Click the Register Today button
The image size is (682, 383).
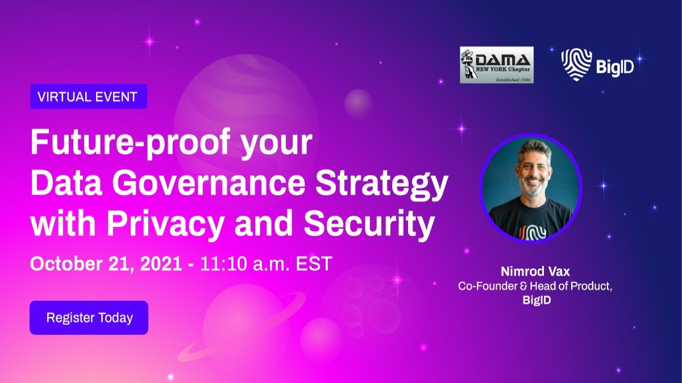tap(89, 318)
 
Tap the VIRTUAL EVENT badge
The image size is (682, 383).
tap(88, 96)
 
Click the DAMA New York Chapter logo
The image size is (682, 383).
tap(497, 65)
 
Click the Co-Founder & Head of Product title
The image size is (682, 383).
tap(535, 287)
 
